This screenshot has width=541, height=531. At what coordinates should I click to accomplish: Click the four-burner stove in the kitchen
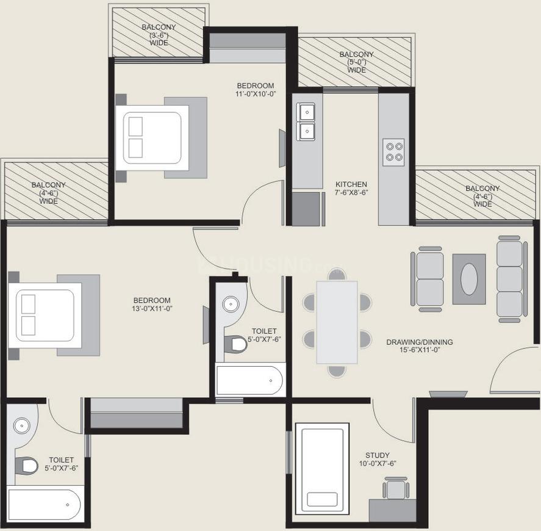click(x=393, y=151)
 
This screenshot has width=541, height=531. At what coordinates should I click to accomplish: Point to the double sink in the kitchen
click(x=305, y=121)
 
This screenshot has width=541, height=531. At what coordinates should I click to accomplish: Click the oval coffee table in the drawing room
click(x=469, y=279)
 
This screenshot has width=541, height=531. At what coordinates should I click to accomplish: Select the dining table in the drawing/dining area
click(x=337, y=322)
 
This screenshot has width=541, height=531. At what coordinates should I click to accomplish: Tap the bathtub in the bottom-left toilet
click(x=45, y=504)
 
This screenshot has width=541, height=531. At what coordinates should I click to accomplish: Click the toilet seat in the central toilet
click(x=235, y=345)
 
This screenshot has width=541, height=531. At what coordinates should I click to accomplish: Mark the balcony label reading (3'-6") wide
click(x=159, y=35)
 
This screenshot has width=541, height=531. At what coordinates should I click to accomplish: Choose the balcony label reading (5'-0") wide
click(x=357, y=62)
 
